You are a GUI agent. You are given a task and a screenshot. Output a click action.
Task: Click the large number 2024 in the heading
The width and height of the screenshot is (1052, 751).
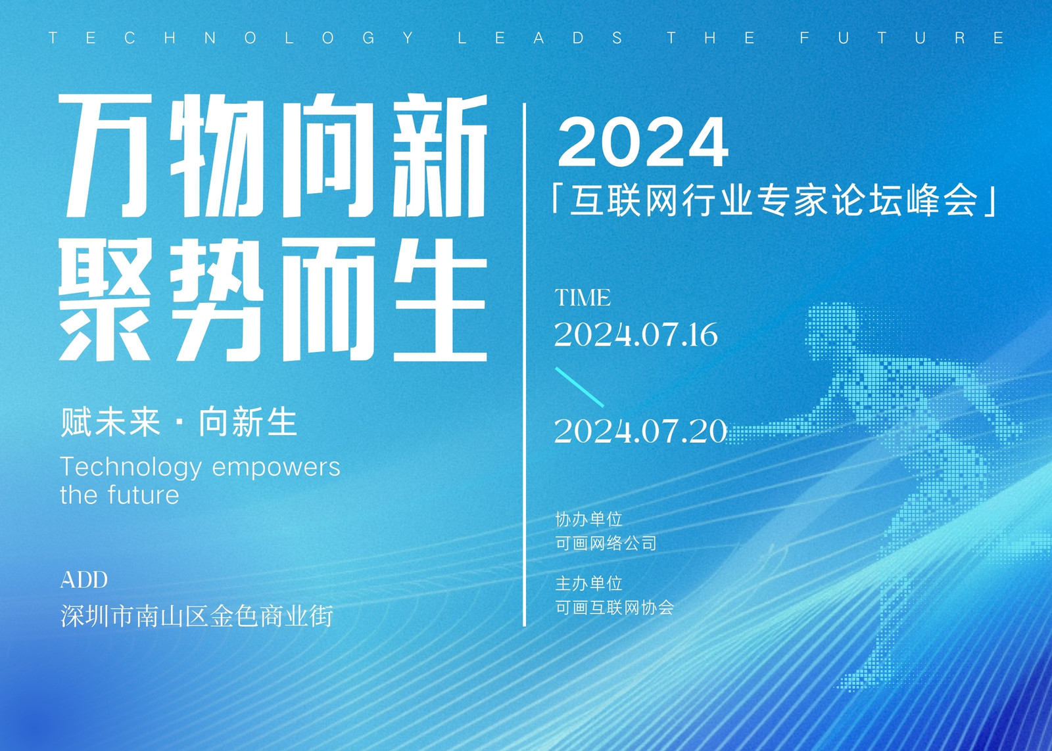coord(643,142)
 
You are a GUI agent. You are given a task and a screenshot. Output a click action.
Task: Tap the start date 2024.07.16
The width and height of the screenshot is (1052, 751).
coord(636,335)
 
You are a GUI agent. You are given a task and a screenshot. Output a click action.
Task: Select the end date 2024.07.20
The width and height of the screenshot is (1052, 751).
coord(640,431)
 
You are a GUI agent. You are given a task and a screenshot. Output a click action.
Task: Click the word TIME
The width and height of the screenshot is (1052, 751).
coord(583,298)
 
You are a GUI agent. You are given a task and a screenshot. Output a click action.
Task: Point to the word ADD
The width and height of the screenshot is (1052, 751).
coord(84,580)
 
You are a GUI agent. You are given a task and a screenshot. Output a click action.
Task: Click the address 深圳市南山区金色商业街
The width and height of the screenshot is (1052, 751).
coord(197,616)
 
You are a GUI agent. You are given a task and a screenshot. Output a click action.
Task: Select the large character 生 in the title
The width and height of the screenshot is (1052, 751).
coord(440,300)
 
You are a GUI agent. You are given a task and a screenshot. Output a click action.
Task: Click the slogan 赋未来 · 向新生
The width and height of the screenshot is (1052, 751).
coord(178,422)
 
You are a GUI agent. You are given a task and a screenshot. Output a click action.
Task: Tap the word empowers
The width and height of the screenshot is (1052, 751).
coord(276,468)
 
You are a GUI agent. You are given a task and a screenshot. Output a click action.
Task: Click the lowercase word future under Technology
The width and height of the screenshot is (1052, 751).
coord(143,495)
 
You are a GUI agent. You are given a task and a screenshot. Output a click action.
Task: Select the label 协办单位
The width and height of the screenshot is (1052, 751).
coord(589,520)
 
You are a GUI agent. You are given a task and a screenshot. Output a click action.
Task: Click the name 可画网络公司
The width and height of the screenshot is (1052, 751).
coord(606,543)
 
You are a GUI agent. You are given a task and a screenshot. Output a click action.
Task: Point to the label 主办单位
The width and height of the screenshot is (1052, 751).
coord(589,584)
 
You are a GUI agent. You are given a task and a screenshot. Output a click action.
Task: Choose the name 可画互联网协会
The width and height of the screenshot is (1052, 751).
coord(614,608)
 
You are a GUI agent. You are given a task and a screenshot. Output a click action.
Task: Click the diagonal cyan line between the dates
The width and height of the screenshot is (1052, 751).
coord(579,387)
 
